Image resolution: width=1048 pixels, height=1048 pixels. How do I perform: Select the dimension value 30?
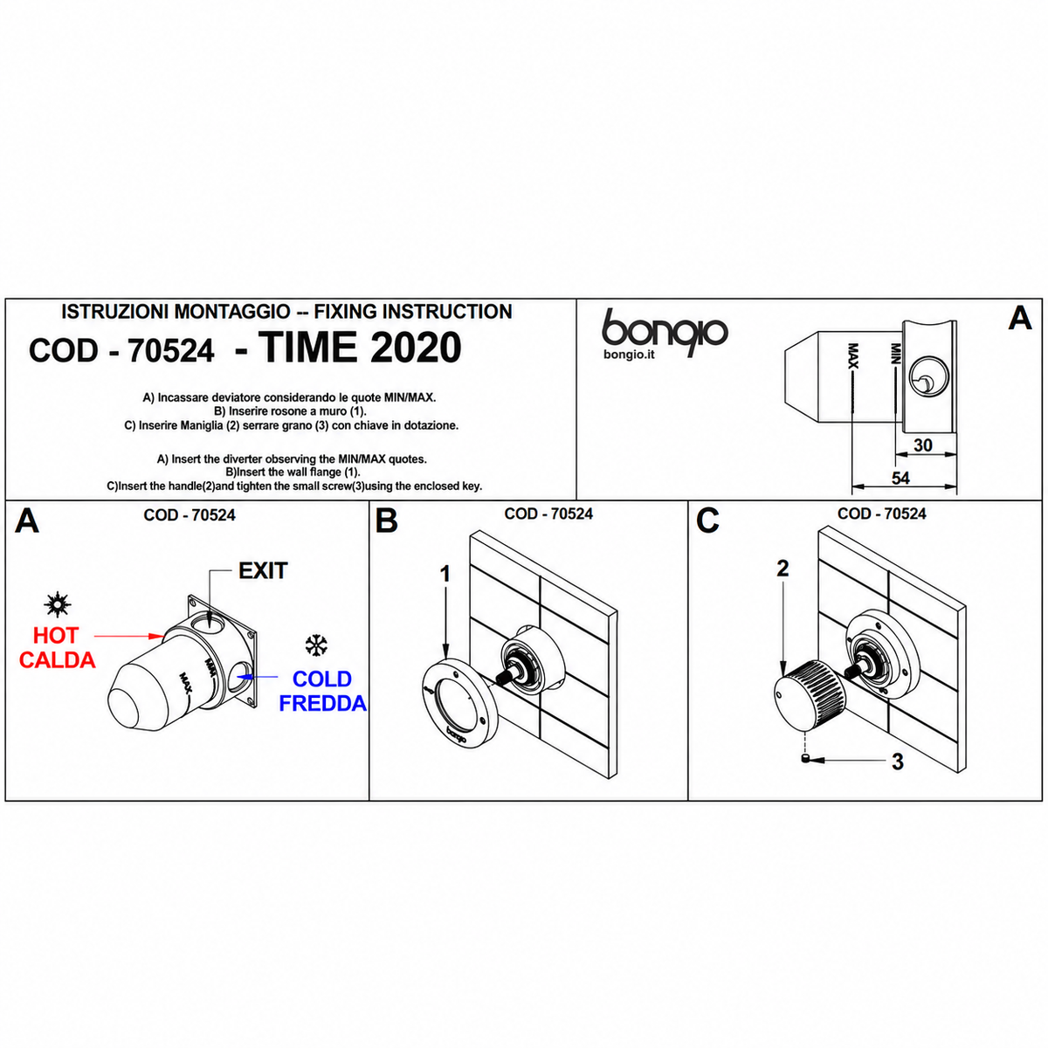922,445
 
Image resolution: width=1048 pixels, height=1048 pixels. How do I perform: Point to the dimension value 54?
900,478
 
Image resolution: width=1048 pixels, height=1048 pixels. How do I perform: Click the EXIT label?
263,570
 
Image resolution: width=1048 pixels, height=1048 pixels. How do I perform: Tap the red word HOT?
56,635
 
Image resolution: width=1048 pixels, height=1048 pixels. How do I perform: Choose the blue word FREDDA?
322,703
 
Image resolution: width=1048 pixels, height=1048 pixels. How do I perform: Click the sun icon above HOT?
57,603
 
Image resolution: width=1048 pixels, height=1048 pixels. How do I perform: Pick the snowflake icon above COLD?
316,645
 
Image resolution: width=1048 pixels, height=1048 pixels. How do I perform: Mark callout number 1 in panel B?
445,574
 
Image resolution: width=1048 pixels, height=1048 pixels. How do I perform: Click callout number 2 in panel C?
783,569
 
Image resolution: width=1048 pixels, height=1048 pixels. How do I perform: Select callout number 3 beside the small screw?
898,762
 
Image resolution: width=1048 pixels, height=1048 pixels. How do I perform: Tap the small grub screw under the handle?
805,759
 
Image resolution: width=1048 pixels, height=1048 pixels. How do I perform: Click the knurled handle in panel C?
809,696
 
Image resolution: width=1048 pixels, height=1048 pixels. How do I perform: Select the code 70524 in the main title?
171,350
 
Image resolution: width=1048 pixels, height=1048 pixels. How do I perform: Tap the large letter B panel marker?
386,521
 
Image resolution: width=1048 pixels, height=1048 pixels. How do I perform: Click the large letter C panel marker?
707,521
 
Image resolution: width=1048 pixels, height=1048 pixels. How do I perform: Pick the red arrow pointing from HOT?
129,635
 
